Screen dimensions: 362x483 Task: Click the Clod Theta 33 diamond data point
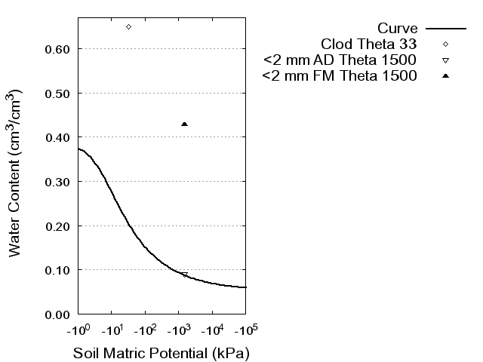click(x=128, y=26)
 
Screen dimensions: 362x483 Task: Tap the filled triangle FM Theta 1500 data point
click(x=185, y=124)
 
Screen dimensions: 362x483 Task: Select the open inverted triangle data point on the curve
click(x=185, y=275)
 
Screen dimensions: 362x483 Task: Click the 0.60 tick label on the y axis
click(x=57, y=49)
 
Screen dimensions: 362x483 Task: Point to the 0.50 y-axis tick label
click(x=57, y=94)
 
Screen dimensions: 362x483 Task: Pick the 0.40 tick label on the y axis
click(x=57, y=137)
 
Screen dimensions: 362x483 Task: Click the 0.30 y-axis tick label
click(x=57, y=182)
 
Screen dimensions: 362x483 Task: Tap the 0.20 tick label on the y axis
click(x=57, y=226)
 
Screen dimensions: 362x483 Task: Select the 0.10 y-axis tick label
click(x=57, y=270)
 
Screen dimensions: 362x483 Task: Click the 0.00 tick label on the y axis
click(x=57, y=314)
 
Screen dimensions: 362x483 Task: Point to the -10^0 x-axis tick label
click(x=78, y=330)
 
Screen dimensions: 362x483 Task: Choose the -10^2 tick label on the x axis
click(x=144, y=330)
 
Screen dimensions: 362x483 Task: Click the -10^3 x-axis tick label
click(x=178, y=330)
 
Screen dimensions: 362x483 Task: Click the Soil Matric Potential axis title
click(x=161, y=353)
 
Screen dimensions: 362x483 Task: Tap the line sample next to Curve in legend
click(x=445, y=29)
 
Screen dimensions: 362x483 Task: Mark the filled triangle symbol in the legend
click(x=445, y=75)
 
